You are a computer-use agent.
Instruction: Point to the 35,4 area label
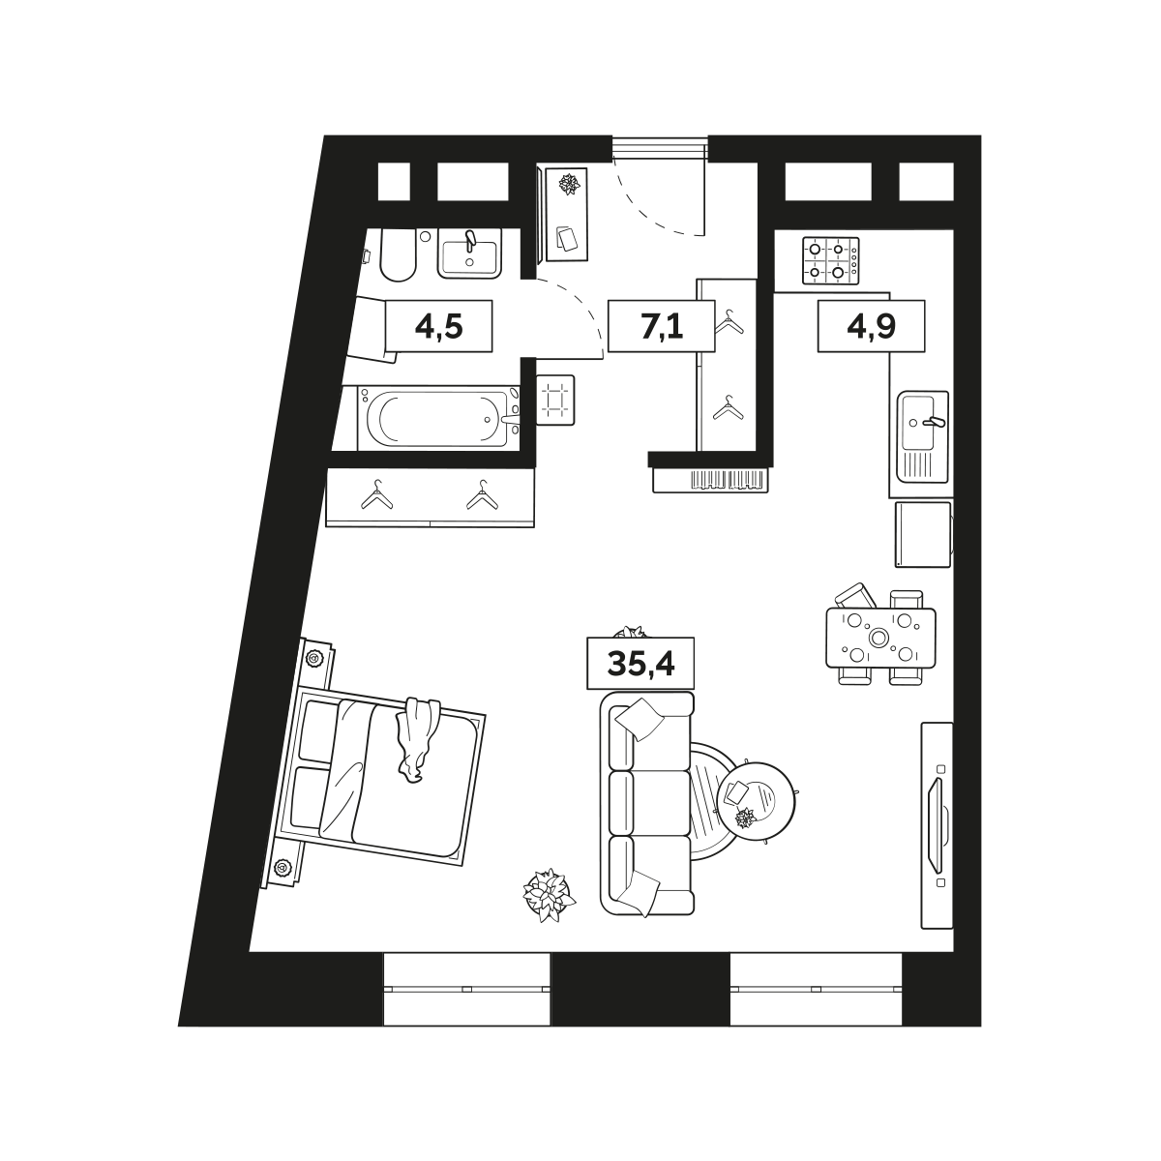coord(640,664)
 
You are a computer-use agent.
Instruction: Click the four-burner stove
coord(831,260)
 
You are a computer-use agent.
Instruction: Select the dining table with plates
coord(880,638)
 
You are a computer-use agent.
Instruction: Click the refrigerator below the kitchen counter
coord(922,534)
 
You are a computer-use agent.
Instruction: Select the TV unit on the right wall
coord(937,826)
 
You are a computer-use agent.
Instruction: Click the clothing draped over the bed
coord(417,738)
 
